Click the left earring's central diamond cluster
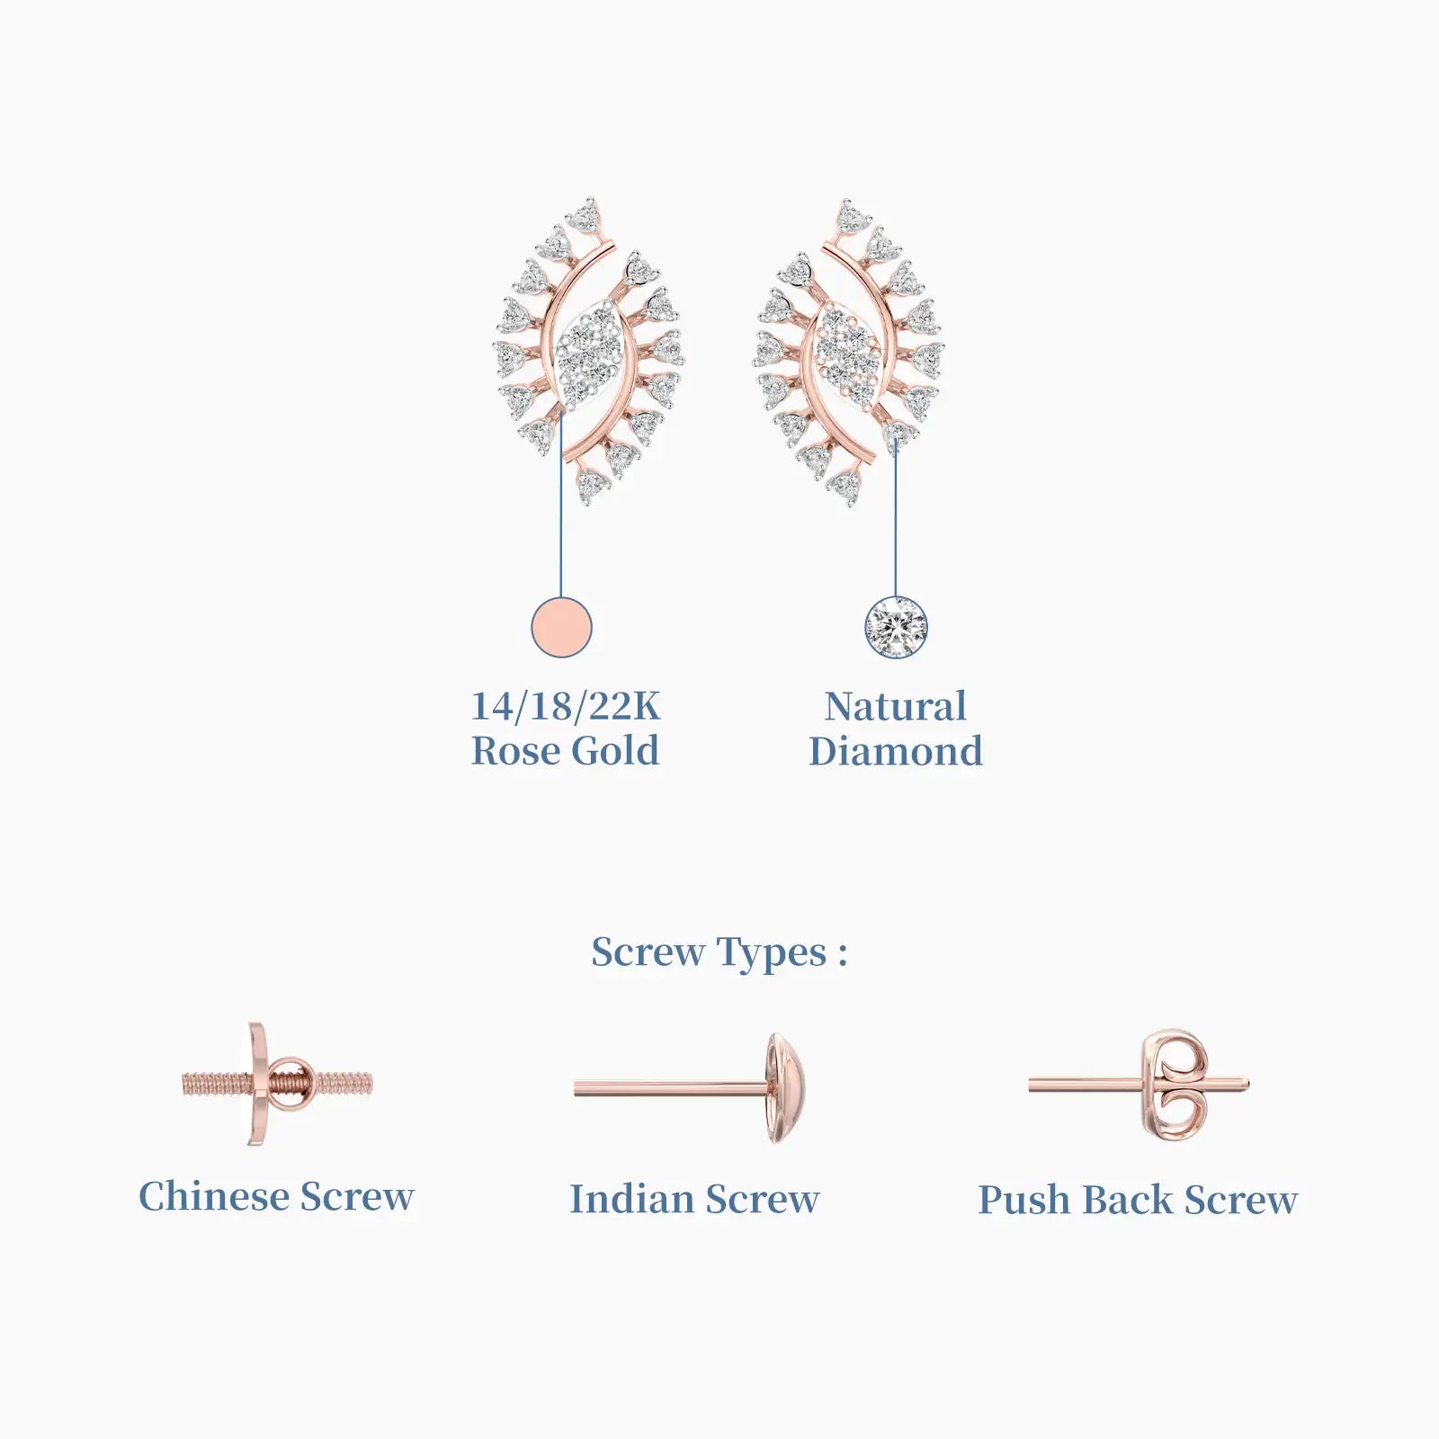[588, 353]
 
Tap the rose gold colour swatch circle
[562, 627]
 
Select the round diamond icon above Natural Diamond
[896, 627]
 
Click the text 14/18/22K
[566, 706]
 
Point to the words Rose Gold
[566, 751]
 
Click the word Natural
[896, 706]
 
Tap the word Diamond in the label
[896, 751]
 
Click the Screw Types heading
[719, 953]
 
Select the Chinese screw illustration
[277, 1084]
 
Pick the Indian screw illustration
[690, 1088]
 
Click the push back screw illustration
[1140, 1086]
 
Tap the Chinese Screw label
[277, 1196]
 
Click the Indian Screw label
[694, 1199]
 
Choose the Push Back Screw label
[1138, 1200]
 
